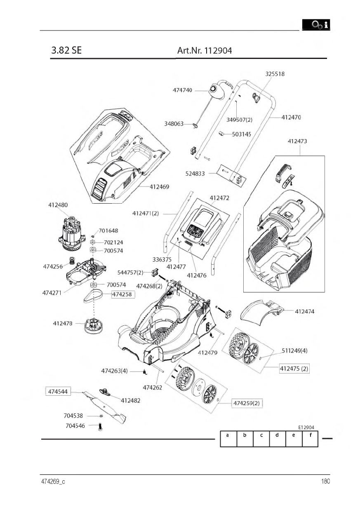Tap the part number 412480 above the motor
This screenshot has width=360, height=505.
(58, 205)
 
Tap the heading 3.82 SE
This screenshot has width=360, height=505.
(66, 51)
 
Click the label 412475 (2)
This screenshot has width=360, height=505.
(294, 369)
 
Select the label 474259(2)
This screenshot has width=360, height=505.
(247, 403)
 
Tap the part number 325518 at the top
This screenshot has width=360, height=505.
(275, 74)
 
